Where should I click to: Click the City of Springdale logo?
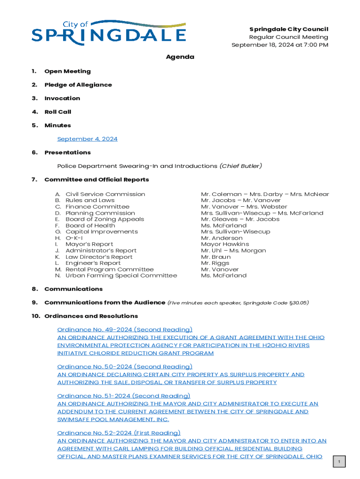pos(108,33)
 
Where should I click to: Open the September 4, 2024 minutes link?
pos(87,139)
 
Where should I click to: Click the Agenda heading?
pos(180,57)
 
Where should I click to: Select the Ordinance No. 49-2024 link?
pos(124,330)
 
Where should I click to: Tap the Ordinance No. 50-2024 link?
pos(124,367)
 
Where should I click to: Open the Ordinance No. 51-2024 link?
pos(123,396)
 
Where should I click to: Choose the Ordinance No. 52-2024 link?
pos(118,433)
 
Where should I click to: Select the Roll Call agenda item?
pos(57,112)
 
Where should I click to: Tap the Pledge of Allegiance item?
pos(78,85)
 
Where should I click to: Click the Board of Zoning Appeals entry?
pos(105,219)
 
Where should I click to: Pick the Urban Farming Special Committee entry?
pos(121,276)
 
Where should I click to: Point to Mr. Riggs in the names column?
pos(216,263)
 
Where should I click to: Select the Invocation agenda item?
pos(62,98)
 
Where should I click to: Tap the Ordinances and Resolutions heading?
pos(91,316)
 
